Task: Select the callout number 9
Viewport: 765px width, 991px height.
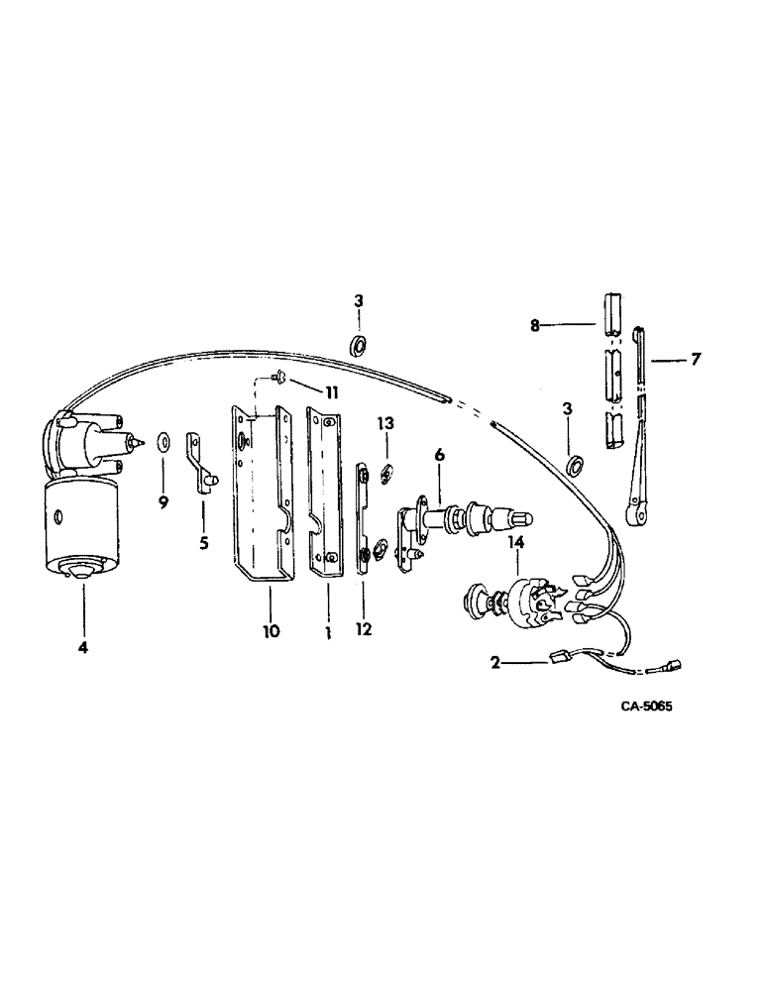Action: [x=164, y=503]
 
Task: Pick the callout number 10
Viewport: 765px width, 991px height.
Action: [x=270, y=630]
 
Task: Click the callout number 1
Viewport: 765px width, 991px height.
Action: [x=327, y=630]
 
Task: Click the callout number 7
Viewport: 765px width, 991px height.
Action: [x=696, y=359]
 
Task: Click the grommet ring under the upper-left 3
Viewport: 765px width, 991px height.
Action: [x=359, y=345]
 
